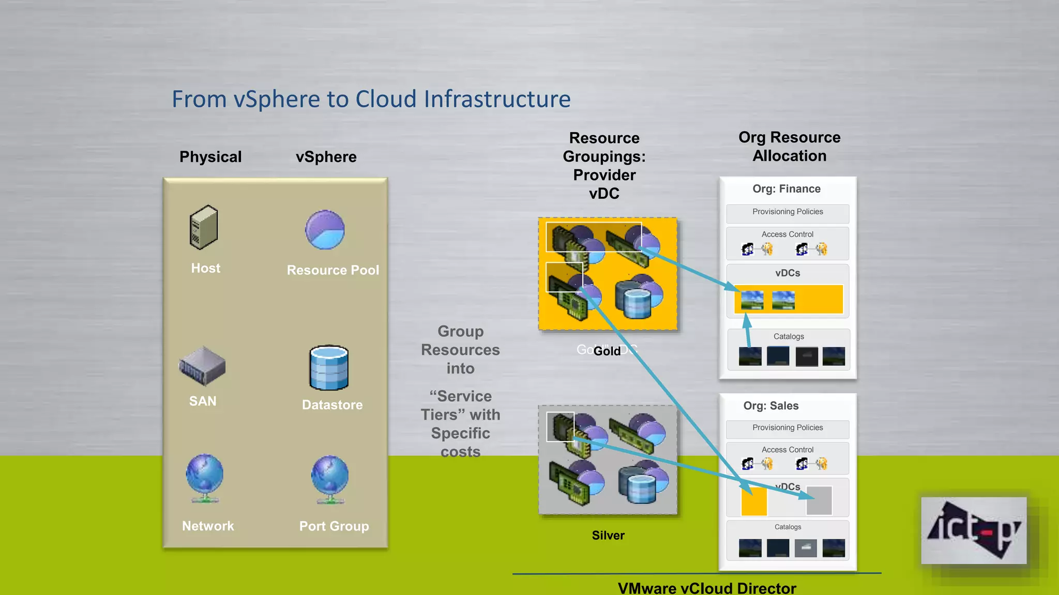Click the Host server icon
[204, 227]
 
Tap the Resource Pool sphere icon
[325, 230]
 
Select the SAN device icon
[202, 366]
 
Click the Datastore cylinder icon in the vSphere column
[329, 368]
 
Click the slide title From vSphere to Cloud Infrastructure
[371, 99]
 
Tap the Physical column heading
[210, 157]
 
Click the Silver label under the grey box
[608, 536]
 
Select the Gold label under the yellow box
[607, 351]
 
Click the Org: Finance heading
[786, 189]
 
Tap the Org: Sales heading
[770, 406]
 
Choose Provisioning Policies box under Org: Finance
[788, 212]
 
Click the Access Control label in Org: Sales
[787, 450]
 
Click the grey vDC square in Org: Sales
[819, 500]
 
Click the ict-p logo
[974, 530]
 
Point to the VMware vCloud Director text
[707, 588]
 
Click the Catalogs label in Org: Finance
[789, 337]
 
